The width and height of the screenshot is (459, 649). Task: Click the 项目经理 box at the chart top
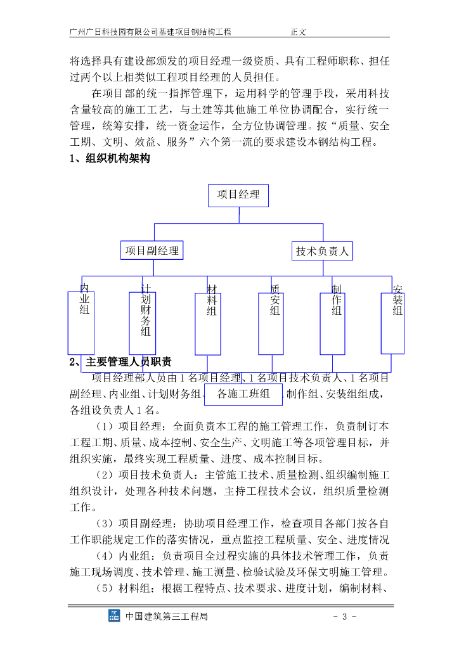pos(238,195)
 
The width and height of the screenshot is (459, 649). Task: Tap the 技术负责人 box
pos(322,251)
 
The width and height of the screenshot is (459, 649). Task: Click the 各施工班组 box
pos(243,394)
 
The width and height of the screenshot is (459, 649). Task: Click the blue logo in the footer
pos(114,616)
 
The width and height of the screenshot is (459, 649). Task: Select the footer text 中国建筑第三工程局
pos(167,616)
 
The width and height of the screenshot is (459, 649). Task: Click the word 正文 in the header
pos(299,30)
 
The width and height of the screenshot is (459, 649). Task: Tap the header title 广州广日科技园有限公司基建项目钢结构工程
pos(150,30)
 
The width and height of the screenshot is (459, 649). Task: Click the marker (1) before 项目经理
pos(105,425)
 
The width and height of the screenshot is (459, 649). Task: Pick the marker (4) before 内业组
pos(105,556)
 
